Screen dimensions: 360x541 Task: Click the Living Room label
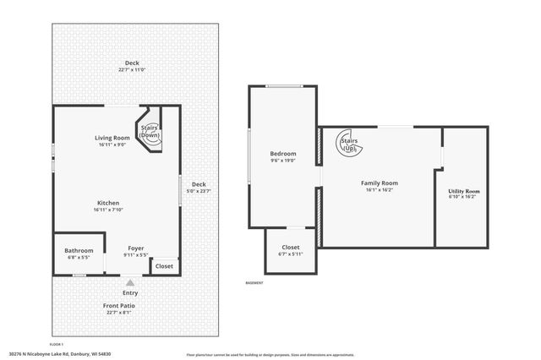pos(112,138)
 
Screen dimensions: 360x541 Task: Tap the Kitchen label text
pos(107,203)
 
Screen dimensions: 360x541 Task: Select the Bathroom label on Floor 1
pos(79,250)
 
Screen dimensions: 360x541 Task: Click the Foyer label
pos(135,248)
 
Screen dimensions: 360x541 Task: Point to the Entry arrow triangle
pos(129,284)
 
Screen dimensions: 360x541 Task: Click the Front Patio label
pos(119,305)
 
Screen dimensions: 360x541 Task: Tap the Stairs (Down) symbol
pos(150,132)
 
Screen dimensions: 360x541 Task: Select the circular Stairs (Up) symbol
pos(348,144)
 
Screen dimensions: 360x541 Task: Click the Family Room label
pos(379,183)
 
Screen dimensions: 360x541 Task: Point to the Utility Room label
pos(463,191)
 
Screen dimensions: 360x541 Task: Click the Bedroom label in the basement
pos(282,154)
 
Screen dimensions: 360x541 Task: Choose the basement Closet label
pos(290,248)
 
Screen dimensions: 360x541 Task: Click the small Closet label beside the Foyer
pos(164,266)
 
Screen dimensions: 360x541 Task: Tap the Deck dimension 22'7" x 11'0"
pos(131,70)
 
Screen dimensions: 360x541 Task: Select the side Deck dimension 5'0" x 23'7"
pos(199,191)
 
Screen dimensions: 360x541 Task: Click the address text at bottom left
pos(60,354)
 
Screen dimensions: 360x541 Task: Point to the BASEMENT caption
pos(254,282)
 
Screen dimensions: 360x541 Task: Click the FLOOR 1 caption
pos(57,344)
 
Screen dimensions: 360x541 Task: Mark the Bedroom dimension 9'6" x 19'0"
pos(282,161)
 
